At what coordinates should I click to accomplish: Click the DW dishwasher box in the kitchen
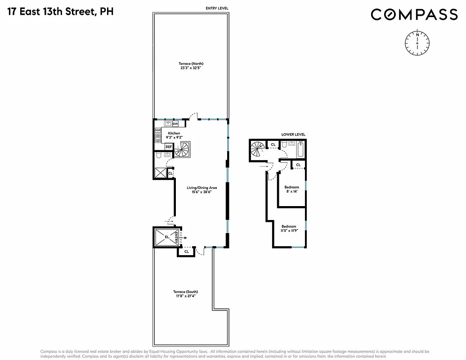click(175, 124)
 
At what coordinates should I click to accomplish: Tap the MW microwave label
click(158, 130)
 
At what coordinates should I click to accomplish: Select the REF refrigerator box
click(169, 147)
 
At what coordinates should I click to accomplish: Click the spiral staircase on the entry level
click(183, 149)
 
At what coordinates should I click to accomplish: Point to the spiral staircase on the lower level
click(259, 149)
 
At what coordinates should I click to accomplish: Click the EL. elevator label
click(166, 237)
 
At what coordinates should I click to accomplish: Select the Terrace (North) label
click(191, 64)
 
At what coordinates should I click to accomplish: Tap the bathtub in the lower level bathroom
click(301, 149)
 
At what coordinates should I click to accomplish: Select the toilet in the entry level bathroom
click(159, 156)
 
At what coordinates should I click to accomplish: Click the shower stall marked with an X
click(160, 172)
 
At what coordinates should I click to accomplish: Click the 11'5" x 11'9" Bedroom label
click(289, 228)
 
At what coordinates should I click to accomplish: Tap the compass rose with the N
click(417, 42)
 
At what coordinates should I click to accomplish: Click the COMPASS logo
click(414, 15)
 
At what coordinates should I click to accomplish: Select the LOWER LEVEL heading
click(293, 134)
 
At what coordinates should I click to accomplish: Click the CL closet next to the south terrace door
click(187, 252)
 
